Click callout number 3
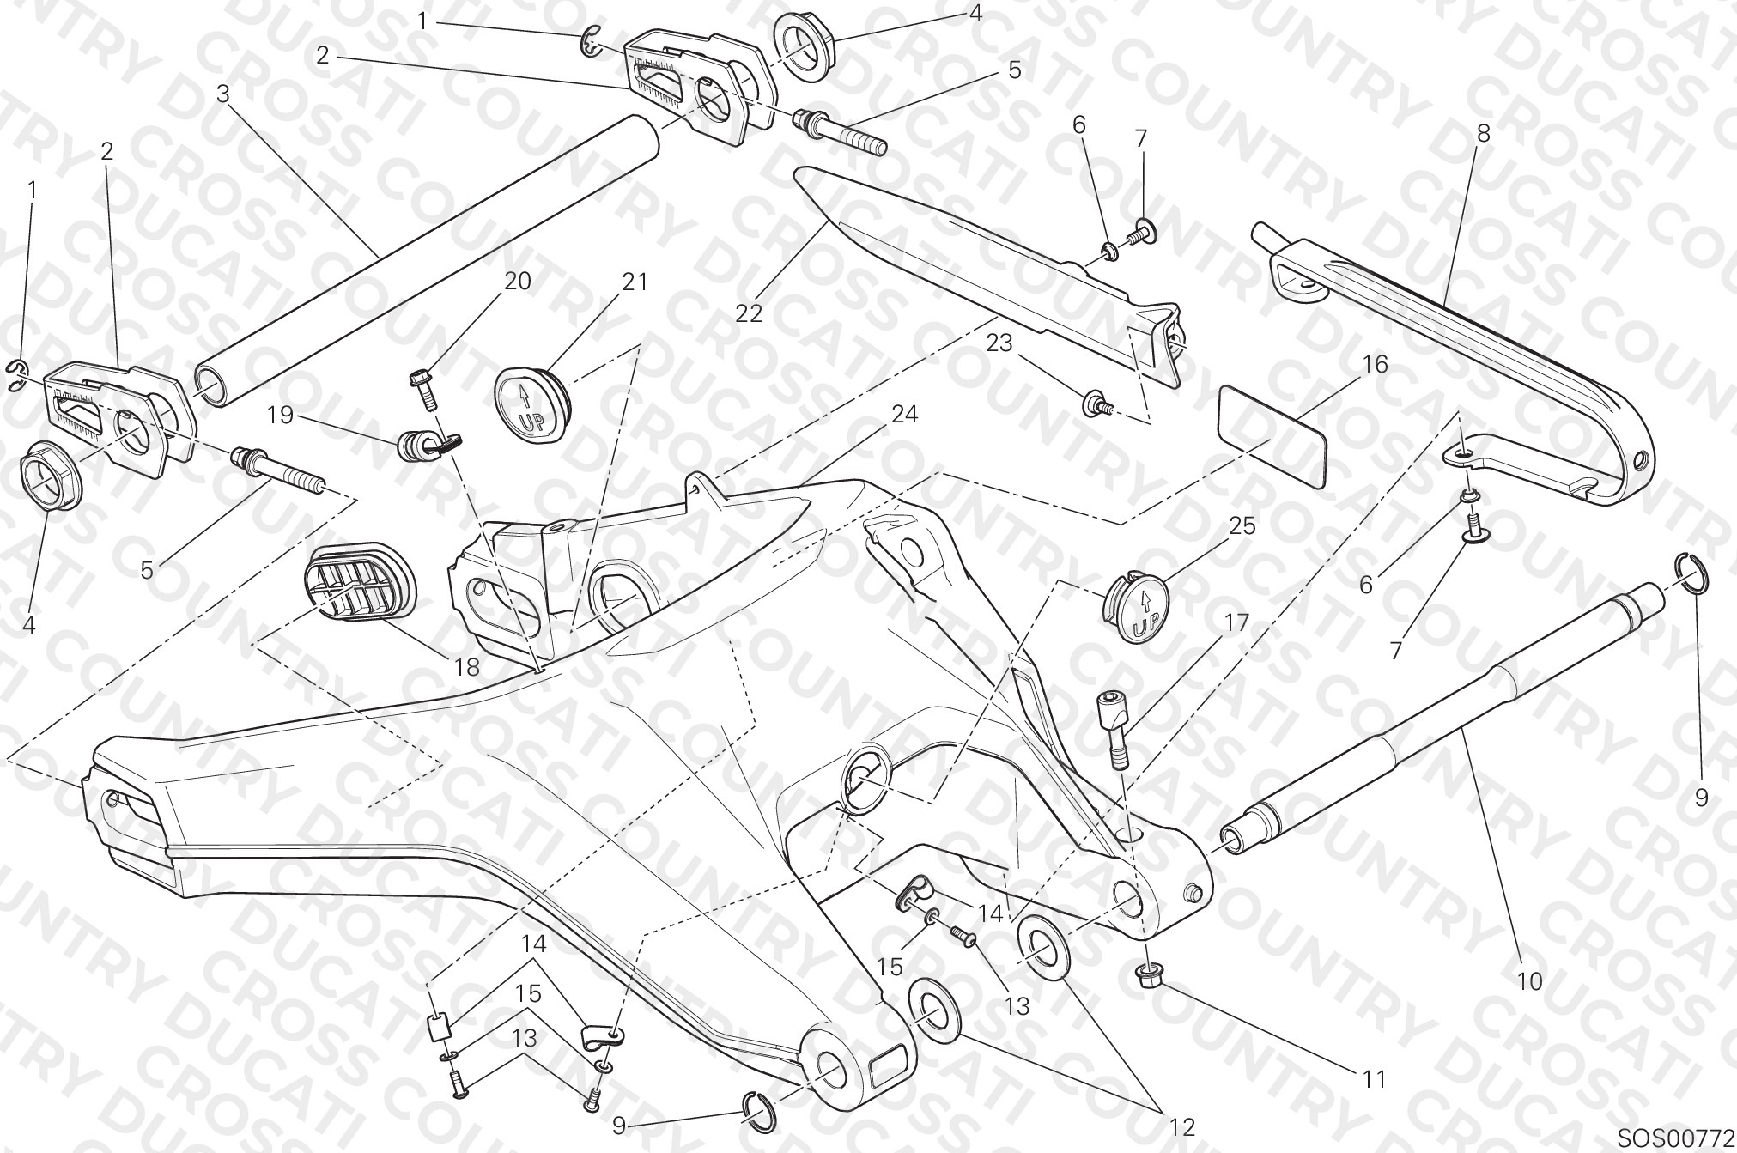[x=223, y=94]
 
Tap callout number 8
[x=1483, y=133]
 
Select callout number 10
[x=1530, y=980]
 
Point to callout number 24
[x=904, y=415]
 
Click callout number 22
[x=749, y=313]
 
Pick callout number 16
[x=1374, y=364]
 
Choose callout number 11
[x=1375, y=1078]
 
